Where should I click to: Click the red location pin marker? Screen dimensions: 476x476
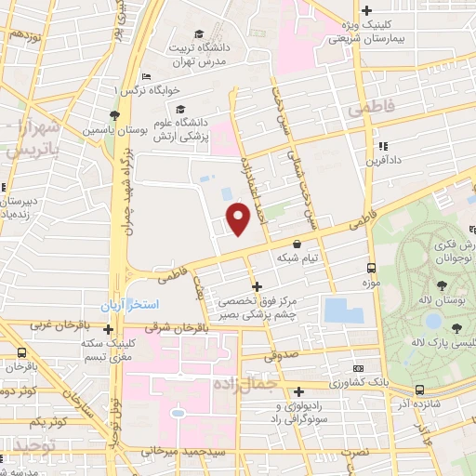[239, 218]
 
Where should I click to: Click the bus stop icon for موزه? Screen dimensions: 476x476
[371, 265]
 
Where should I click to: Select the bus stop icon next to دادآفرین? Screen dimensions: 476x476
[384, 146]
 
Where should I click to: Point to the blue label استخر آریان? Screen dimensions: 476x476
[131, 305]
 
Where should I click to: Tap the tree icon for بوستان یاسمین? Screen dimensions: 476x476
[113, 115]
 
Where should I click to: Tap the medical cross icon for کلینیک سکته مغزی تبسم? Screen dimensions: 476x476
[109, 329]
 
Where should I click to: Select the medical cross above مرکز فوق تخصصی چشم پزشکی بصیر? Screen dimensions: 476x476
[258, 286]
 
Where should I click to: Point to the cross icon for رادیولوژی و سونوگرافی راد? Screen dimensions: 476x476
[298, 392]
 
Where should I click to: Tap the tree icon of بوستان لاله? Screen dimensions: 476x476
[442, 286]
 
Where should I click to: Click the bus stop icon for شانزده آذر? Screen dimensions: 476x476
[420, 390]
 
